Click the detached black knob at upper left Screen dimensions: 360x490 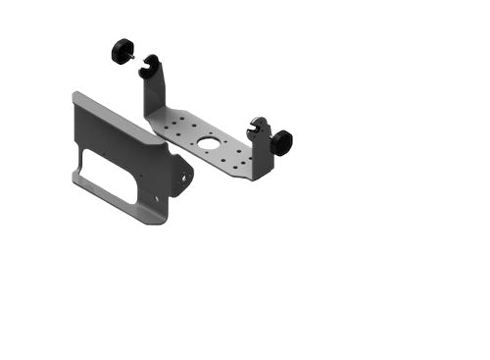pyautogui.click(x=122, y=49)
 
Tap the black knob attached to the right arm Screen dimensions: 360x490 pyautogui.click(x=282, y=142)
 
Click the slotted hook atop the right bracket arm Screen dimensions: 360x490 pyautogui.click(x=259, y=128)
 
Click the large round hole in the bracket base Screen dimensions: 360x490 pyautogui.click(x=210, y=143)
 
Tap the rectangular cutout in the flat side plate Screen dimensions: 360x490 pyautogui.click(x=108, y=175)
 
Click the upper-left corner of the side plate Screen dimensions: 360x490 pyautogui.click(x=76, y=95)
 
